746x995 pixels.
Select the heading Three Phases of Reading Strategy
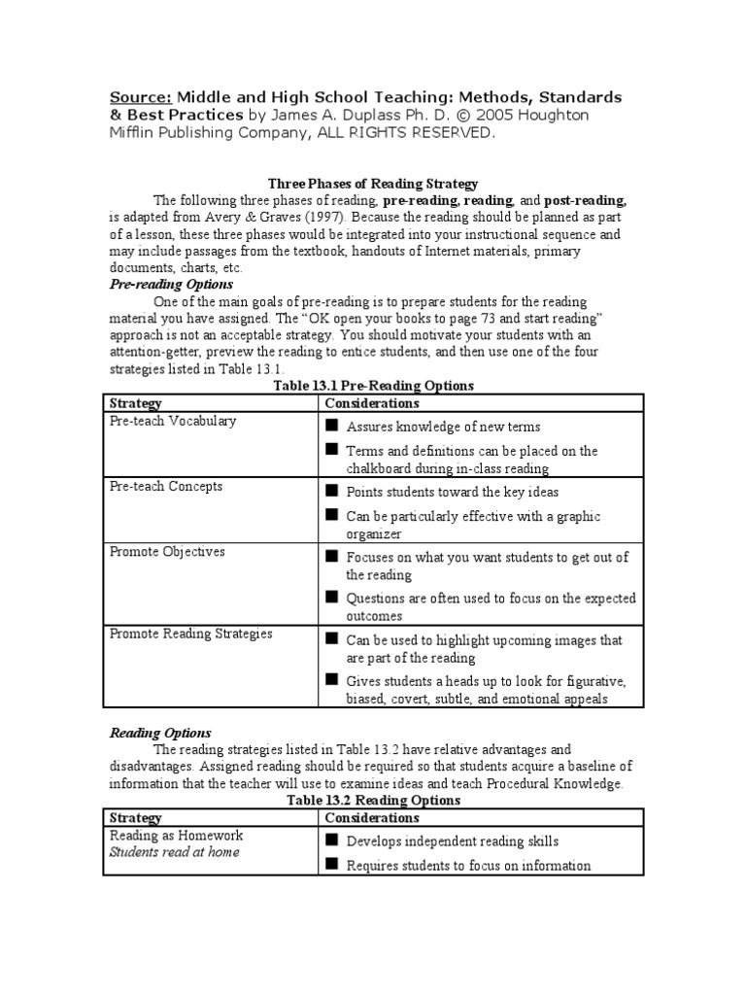(x=373, y=184)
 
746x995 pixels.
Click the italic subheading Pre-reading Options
(x=170, y=285)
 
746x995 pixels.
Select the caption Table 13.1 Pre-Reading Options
(x=373, y=386)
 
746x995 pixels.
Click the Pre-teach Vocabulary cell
(x=173, y=421)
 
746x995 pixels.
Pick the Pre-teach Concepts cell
(x=166, y=486)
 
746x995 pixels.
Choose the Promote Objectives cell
(x=167, y=551)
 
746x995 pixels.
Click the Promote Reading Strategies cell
(x=190, y=634)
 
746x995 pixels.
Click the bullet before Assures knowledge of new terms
(x=331, y=426)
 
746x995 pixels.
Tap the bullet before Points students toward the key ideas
(x=331, y=491)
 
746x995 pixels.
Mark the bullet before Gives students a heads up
(x=331, y=679)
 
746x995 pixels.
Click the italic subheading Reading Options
(x=160, y=733)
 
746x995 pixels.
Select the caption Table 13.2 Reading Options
(x=373, y=801)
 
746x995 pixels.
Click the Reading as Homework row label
(x=176, y=836)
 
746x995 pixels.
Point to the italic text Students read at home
(x=174, y=852)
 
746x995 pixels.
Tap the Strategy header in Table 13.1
(x=135, y=403)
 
